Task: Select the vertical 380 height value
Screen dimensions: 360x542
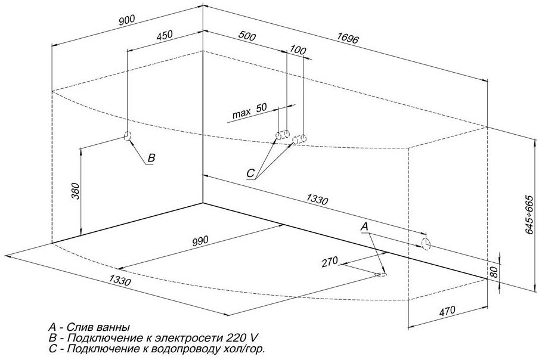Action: point(75,191)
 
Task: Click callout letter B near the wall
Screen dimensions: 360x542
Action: point(151,158)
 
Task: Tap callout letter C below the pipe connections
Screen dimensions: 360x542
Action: point(251,173)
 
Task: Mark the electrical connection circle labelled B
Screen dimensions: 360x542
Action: point(127,136)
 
